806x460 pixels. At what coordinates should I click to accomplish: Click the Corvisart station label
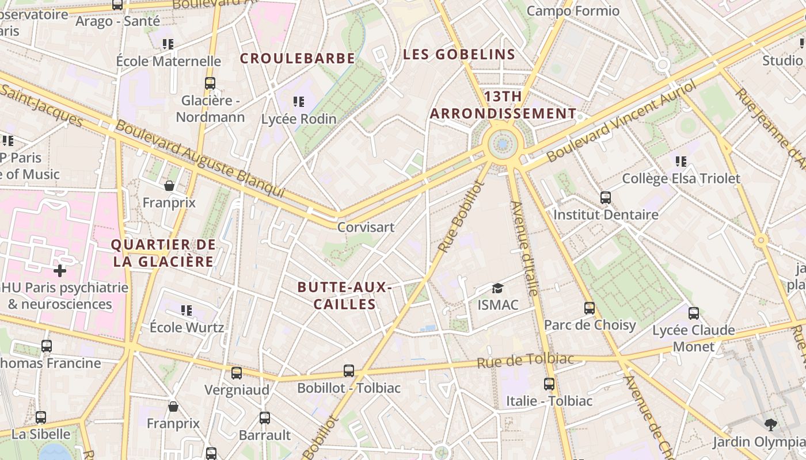pyautogui.click(x=366, y=227)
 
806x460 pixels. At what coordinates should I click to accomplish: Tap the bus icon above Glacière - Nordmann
pyautogui.click(x=210, y=83)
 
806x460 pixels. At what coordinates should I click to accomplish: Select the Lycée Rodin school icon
pyautogui.click(x=298, y=102)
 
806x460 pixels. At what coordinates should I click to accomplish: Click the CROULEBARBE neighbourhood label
pyautogui.click(x=297, y=59)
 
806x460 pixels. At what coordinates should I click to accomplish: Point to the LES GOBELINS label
pyautogui.click(x=459, y=55)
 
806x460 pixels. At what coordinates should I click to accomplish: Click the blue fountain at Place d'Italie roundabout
pyautogui.click(x=503, y=144)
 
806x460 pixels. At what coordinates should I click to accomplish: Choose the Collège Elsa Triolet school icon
pyautogui.click(x=681, y=162)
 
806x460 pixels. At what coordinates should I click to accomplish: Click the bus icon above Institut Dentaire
pyautogui.click(x=605, y=198)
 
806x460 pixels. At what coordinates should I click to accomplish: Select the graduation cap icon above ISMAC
pyautogui.click(x=497, y=287)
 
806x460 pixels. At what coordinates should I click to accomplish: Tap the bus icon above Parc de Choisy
pyautogui.click(x=589, y=308)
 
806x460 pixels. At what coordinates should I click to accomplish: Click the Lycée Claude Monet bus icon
pyautogui.click(x=693, y=313)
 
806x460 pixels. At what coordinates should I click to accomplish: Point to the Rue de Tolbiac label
pyautogui.click(x=526, y=361)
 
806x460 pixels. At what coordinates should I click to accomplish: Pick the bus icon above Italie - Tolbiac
pyautogui.click(x=549, y=384)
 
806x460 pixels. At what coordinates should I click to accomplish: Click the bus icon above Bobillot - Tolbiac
pyautogui.click(x=348, y=371)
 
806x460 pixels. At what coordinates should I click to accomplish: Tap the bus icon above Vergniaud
pyautogui.click(x=236, y=373)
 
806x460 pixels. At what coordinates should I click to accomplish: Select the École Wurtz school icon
pyautogui.click(x=187, y=310)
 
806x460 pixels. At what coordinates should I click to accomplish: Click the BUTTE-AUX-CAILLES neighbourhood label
pyautogui.click(x=345, y=296)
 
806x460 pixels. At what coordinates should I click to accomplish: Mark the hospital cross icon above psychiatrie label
pyautogui.click(x=60, y=270)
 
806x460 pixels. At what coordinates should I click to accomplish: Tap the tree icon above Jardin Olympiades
pyautogui.click(x=770, y=425)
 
